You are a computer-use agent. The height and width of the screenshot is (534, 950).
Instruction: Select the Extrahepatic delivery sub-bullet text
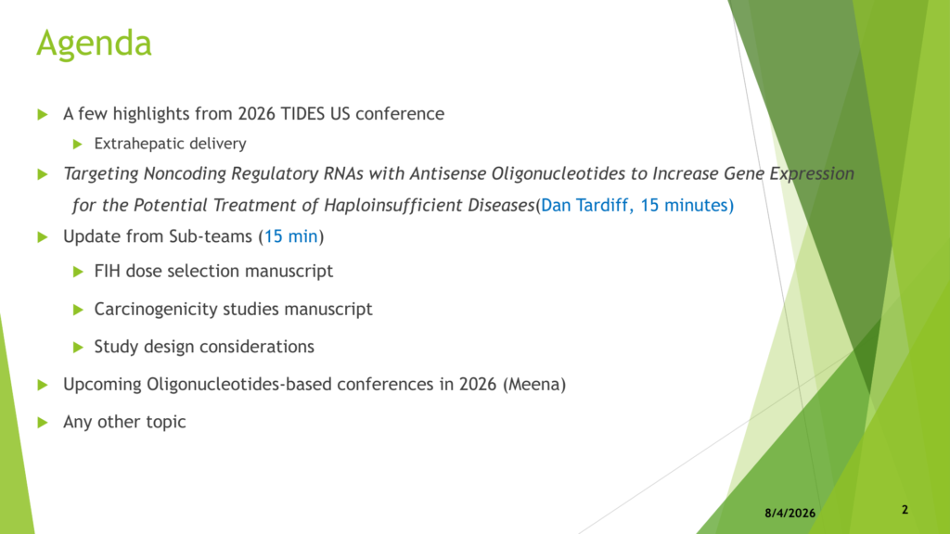coord(171,144)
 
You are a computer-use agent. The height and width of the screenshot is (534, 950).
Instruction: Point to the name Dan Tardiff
coord(584,205)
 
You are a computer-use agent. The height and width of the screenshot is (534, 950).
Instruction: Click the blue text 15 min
coord(290,236)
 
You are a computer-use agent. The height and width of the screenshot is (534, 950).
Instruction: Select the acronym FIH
coord(107,271)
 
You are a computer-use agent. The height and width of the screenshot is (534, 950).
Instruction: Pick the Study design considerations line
coord(204,347)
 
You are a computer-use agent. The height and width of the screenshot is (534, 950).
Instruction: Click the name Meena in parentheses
coord(534,385)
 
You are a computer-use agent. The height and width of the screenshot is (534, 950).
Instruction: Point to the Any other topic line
coord(124,422)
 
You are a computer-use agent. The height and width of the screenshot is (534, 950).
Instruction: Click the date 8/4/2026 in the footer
coord(790,513)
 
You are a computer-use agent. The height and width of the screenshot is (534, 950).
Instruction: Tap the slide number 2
coord(905,510)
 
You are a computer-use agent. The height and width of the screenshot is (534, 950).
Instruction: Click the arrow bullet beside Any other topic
coord(43,422)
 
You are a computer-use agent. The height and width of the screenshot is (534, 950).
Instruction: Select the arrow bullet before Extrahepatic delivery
coord(77,144)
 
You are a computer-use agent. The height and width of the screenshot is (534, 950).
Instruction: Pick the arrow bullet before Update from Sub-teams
coord(43,236)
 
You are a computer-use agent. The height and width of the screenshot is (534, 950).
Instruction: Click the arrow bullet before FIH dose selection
coord(78,272)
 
